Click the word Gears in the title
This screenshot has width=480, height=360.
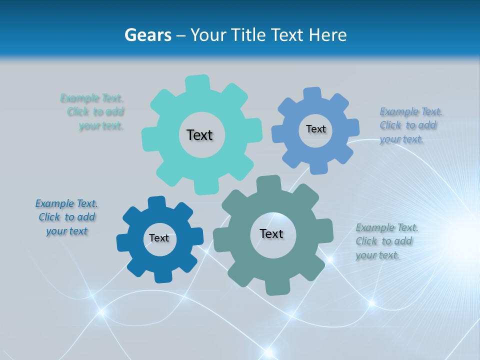[147, 35]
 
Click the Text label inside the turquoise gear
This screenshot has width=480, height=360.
[199, 135]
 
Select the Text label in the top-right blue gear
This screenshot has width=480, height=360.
[315, 129]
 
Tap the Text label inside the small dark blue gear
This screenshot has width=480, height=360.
[159, 238]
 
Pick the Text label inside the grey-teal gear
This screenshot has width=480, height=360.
[271, 233]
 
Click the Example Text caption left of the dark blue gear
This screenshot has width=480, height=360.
[66, 217]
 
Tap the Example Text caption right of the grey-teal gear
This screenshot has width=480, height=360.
[386, 241]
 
